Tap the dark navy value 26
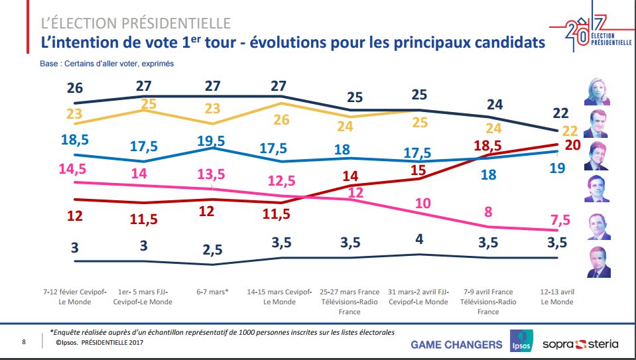(x=74, y=88)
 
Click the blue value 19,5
(x=212, y=141)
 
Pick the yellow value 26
(x=281, y=120)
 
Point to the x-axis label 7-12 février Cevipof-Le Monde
(x=74, y=296)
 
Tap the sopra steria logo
(x=580, y=343)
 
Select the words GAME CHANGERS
(x=456, y=344)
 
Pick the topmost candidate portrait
(x=598, y=91)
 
